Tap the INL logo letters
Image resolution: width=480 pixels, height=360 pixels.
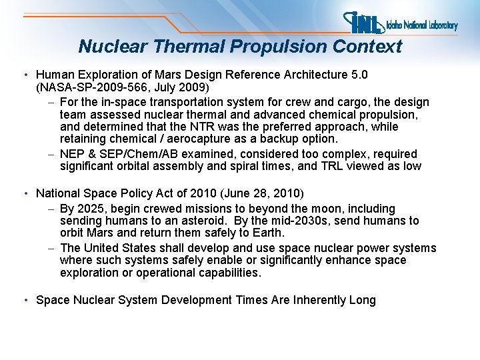[367, 25]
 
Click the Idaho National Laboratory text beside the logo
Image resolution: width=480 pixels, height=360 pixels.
[422, 26]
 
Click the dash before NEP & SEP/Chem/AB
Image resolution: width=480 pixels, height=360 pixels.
[51, 154]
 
